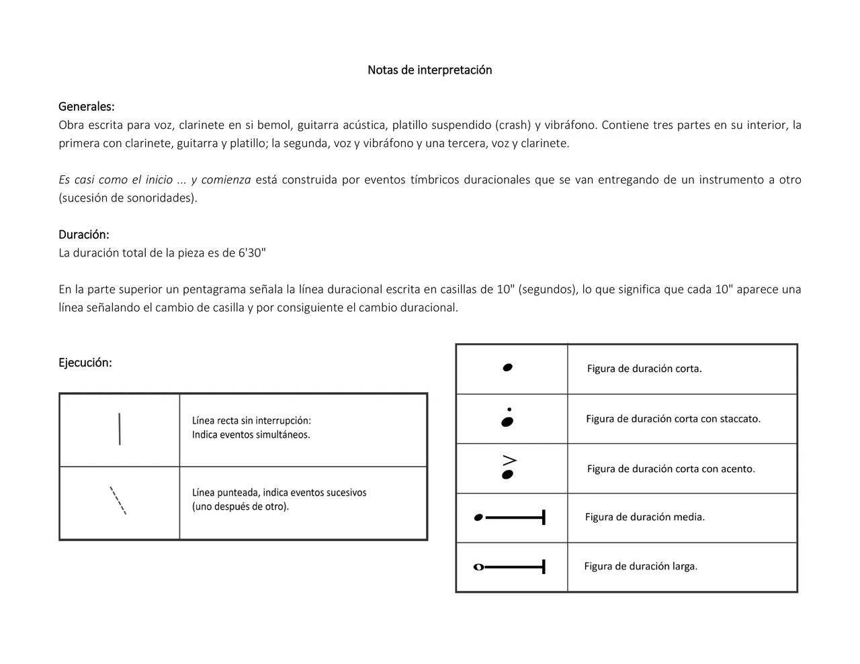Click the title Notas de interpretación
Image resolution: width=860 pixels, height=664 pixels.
coord(429,70)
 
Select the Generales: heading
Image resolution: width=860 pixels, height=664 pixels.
coord(86,106)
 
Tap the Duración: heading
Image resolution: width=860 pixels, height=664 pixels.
coord(83,234)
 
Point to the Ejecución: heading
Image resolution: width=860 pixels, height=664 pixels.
coord(85,363)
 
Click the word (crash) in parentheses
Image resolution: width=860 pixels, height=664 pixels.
coord(513,125)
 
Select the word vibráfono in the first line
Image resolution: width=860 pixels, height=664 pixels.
coord(570,125)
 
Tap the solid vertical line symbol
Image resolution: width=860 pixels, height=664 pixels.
coord(120,429)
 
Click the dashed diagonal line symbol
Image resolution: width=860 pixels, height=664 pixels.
coord(118,500)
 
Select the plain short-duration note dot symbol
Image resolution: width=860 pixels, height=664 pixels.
coord(508,367)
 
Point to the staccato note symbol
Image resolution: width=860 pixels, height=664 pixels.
coord(508,418)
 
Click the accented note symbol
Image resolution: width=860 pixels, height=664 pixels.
coord(509,468)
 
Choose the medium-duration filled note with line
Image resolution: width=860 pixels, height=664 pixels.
coord(510,518)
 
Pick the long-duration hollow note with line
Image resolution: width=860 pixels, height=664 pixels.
coord(510,567)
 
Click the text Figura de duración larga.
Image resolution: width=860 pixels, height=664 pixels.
coord(640,566)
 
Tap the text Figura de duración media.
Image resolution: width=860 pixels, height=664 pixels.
coord(644,517)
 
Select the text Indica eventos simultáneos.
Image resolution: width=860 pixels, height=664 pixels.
coord(251,434)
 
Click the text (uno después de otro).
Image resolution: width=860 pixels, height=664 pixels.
coord(241,506)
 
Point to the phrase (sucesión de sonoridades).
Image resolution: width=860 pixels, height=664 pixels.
coord(128,198)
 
